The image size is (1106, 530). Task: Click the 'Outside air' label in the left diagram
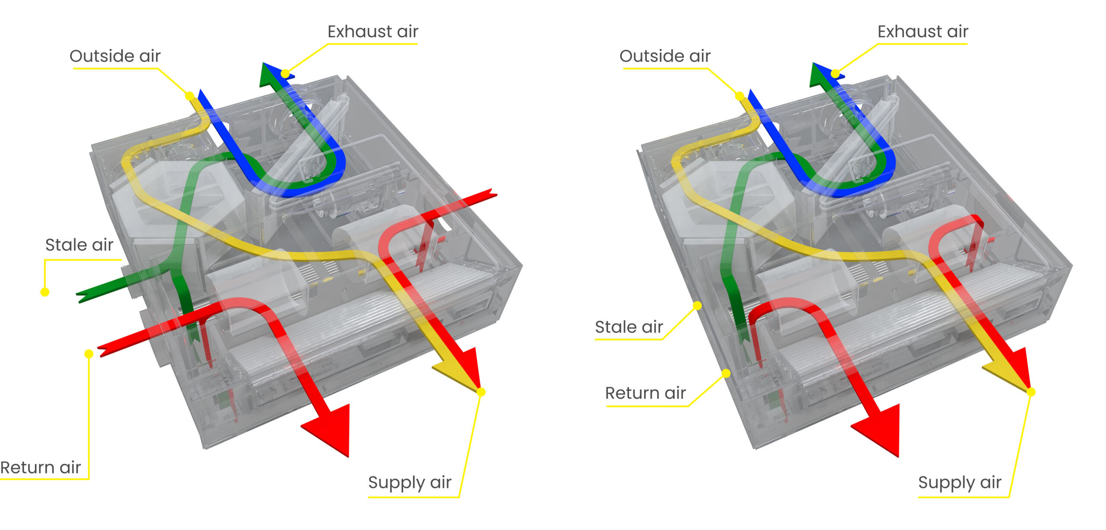click(x=115, y=56)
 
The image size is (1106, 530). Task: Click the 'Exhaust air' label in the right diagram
click(x=923, y=32)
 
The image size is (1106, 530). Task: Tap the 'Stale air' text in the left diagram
click(x=79, y=245)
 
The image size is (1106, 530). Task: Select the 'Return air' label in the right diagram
click(x=645, y=393)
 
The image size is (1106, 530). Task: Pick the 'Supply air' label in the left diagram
click(x=410, y=482)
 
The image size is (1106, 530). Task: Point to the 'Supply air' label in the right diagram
click(x=960, y=482)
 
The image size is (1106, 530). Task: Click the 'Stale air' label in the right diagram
click(x=629, y=327)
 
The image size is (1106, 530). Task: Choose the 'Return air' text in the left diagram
click(x=41, y=467)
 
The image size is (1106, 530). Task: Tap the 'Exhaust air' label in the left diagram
click(x=373, y=32)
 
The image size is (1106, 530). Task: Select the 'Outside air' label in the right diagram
click(x=665, y=56)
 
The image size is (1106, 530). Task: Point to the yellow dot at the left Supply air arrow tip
click(x=481, y=392)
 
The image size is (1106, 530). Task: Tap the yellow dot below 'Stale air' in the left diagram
click(x=44, y=292)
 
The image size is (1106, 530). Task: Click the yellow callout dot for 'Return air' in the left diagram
click(x=89, y=354)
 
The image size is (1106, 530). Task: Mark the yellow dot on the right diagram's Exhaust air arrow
click(x=835, y=74)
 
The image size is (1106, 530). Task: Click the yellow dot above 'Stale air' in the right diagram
click(x=697, y=306)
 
